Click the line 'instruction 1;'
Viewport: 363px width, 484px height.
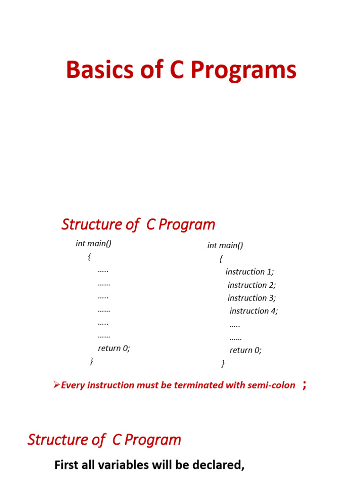pos(250,272)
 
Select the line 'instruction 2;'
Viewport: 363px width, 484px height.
pos(251,285)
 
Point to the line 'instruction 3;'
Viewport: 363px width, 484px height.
pos(251,298)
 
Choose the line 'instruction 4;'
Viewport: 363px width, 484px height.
pos(254,311)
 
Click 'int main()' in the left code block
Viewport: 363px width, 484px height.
pos(94,243)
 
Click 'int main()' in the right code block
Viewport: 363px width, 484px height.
pos(225,245)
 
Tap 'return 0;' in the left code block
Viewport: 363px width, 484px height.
pos(114,348)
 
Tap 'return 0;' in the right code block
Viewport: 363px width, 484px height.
pos(245,350)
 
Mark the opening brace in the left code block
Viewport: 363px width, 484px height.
pos(89,257)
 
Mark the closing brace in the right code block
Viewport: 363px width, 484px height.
pos(223,363)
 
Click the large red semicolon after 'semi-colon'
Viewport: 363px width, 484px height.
pos(304,385)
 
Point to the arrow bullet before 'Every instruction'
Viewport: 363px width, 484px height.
pos(56,385)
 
